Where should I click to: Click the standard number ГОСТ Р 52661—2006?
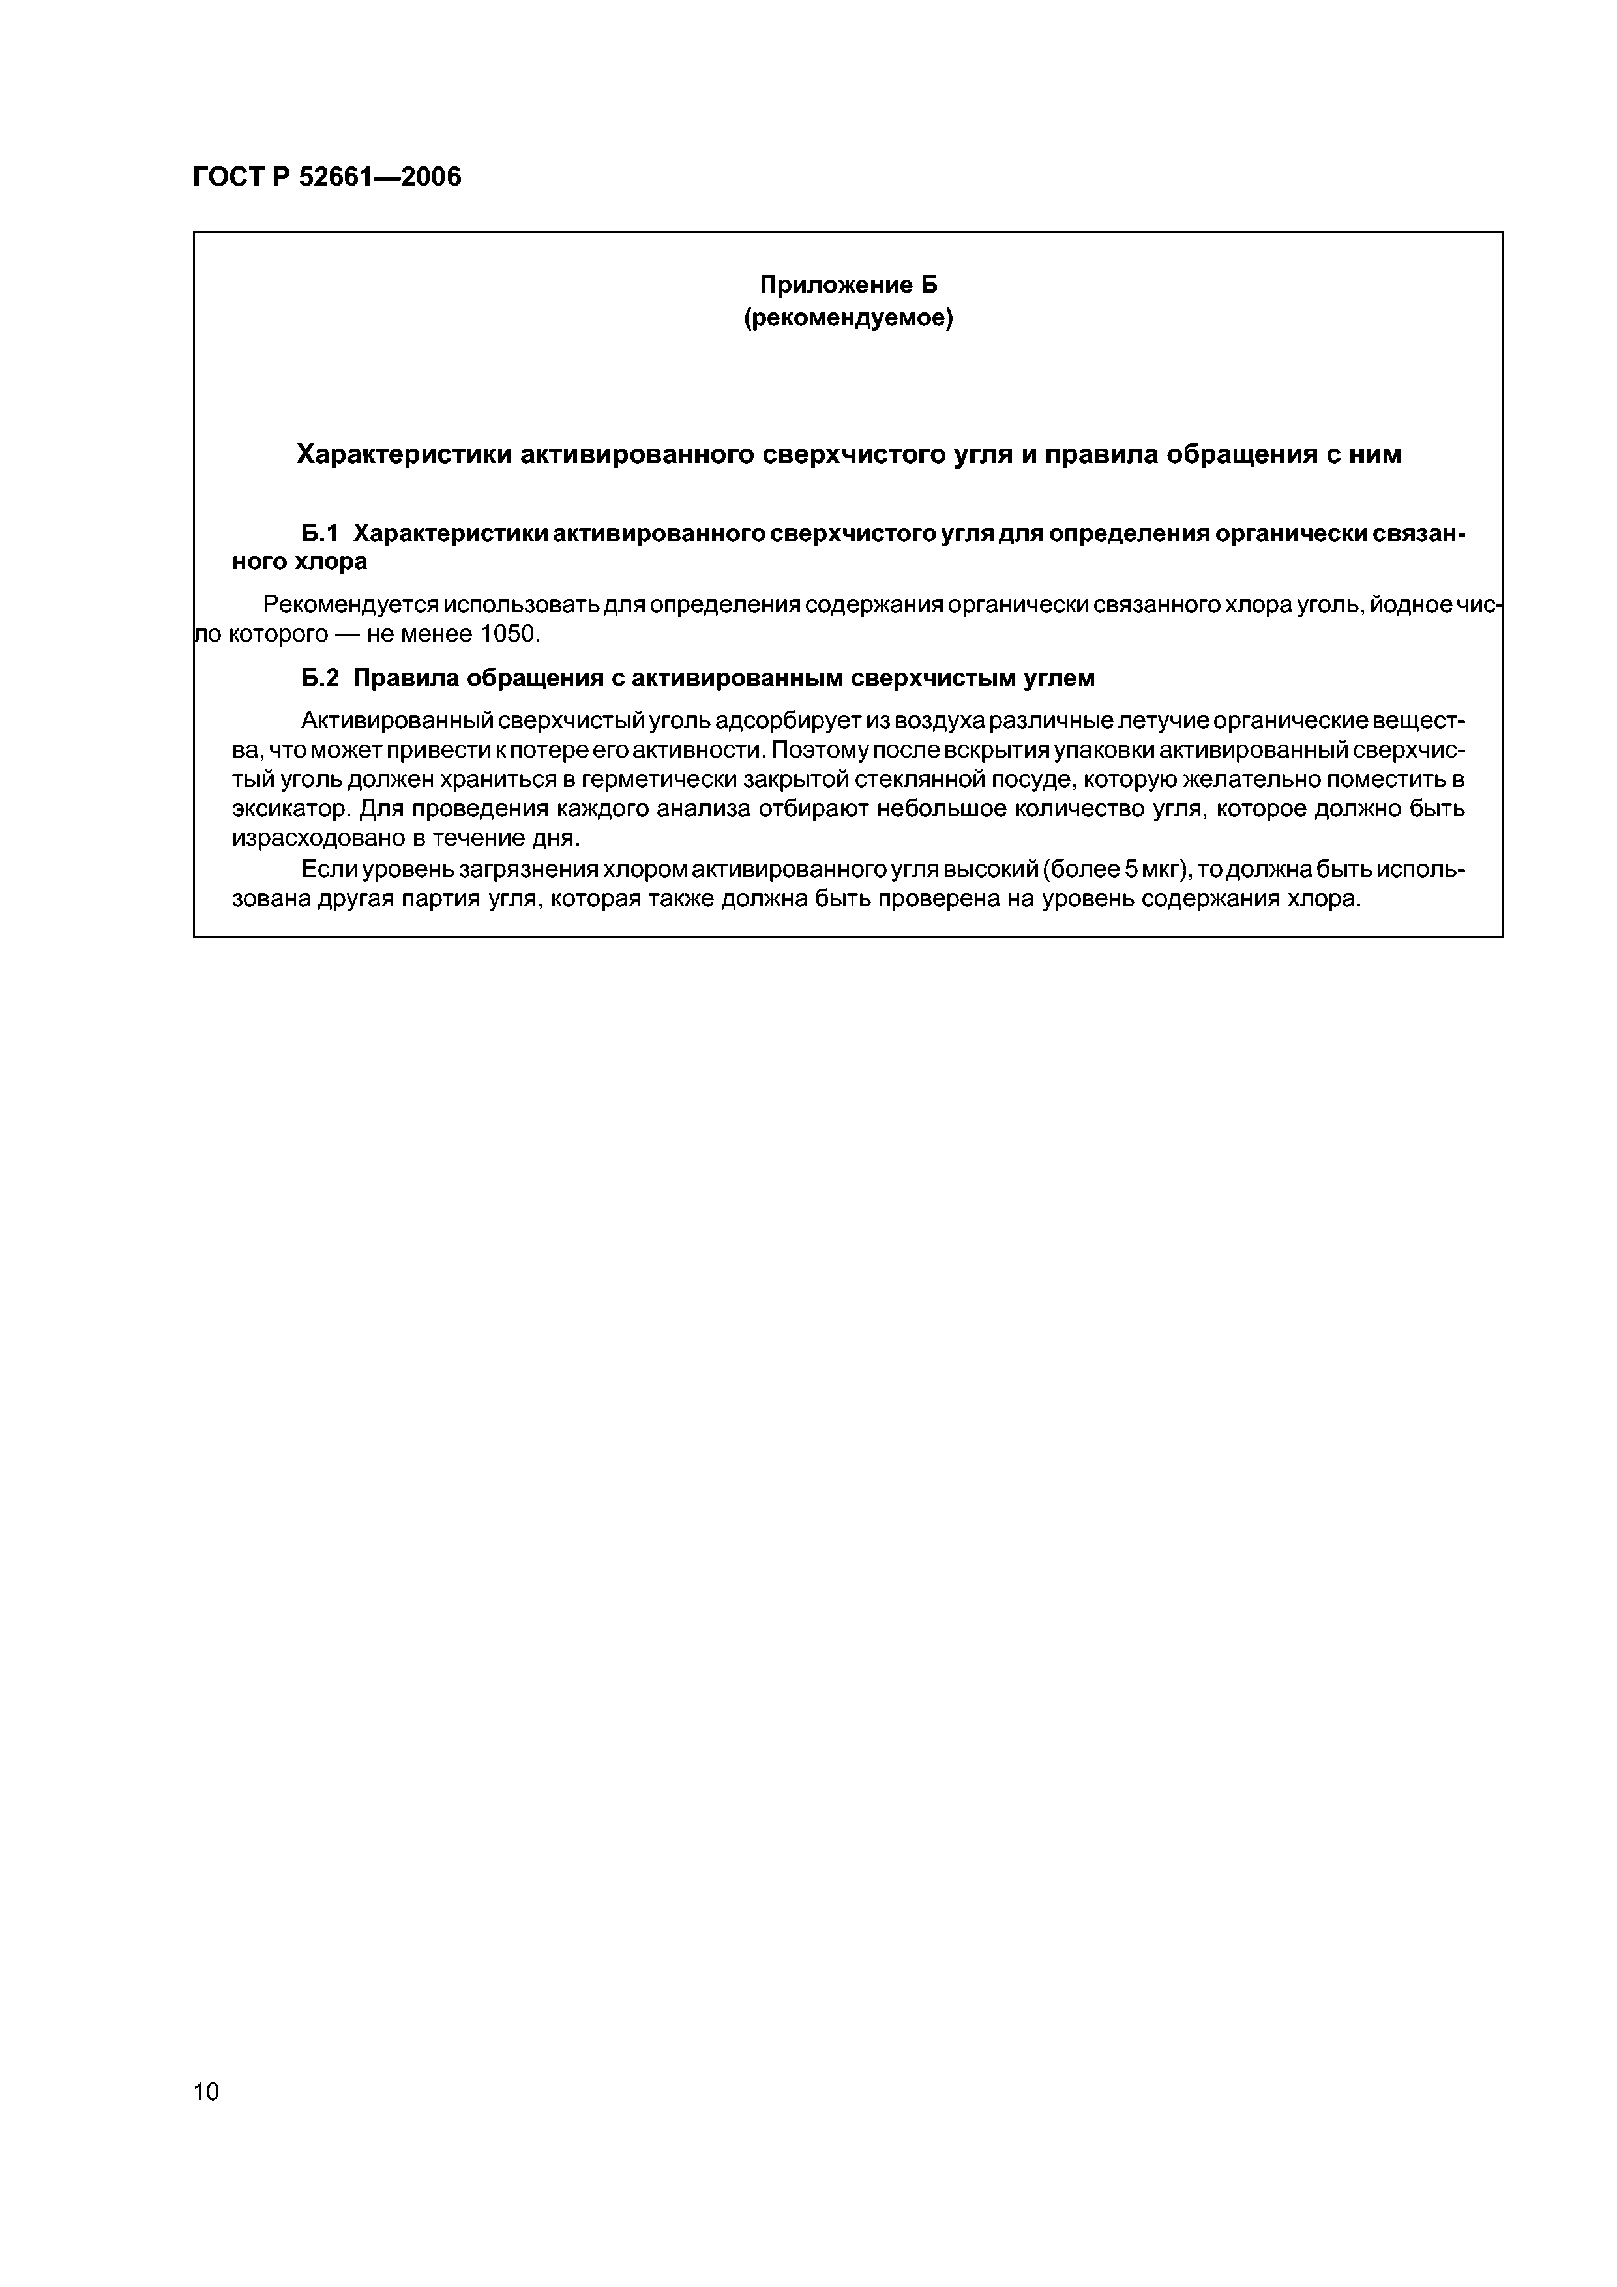327,178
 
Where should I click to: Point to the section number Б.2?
321,678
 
